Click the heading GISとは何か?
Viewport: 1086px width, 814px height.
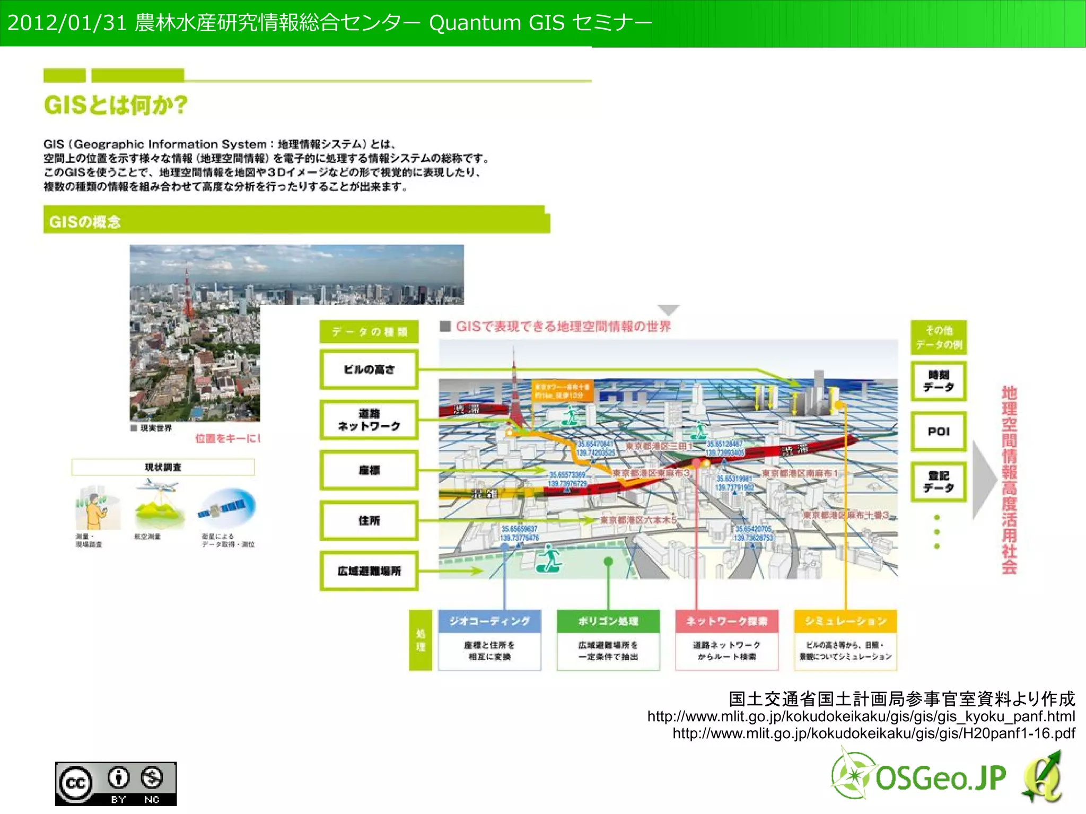click(116, 105)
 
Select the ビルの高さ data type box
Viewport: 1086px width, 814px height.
click(369, 369)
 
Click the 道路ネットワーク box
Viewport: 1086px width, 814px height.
click(369, 419)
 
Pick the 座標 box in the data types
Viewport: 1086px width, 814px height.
click(369, 470)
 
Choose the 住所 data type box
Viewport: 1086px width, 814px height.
click(369, 520)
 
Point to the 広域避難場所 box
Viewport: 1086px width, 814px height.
click(369, 571)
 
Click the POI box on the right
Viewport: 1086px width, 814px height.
click(939, 431)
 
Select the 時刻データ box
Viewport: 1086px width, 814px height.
click(939, 381)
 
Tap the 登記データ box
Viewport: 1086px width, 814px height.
click(939, 482)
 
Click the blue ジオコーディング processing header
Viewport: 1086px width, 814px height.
click(489, 621)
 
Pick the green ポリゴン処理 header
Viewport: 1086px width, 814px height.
click(608, 621)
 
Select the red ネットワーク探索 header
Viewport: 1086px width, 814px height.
click(726, 621)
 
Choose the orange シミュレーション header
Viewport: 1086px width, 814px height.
click(845, 621)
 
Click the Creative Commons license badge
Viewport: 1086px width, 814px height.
click(116, 784)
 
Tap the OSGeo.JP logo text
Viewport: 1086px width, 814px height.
click(940, 778)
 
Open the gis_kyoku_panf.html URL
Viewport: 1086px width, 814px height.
click(861, 716)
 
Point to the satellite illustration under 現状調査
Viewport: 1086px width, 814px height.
click(227, 506)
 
